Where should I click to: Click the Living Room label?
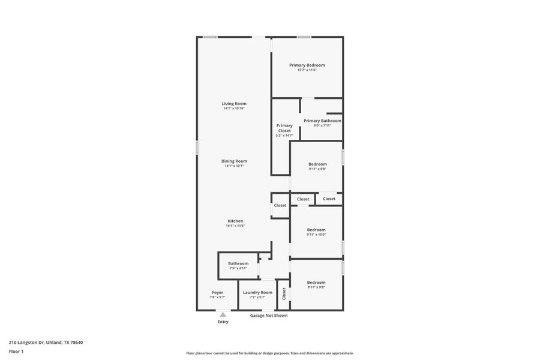[234, 104]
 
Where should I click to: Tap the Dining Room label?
[234, 161]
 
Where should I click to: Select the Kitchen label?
[235, 221]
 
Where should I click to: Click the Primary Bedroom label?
[307, 65]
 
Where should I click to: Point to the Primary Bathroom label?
[322, 121]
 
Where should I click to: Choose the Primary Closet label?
[284, 128]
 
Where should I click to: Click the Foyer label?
[217, 292]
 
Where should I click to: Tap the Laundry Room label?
[257, 292]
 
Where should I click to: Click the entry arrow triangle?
[223, 314]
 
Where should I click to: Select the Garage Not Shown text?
[269, 315]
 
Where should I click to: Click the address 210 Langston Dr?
[46, 343]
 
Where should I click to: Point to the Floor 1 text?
[16, 351]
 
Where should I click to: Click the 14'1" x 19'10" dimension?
[234, 109]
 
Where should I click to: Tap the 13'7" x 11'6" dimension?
[307, 70]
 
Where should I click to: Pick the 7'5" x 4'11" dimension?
[238, 268]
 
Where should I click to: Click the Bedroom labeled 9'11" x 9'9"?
[317, 164]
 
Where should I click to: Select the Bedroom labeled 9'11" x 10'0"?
[316, 229]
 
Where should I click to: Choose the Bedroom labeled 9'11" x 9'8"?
[316, 282]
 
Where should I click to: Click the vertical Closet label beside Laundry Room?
[284, 293]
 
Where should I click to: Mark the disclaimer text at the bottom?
[270, 353]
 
